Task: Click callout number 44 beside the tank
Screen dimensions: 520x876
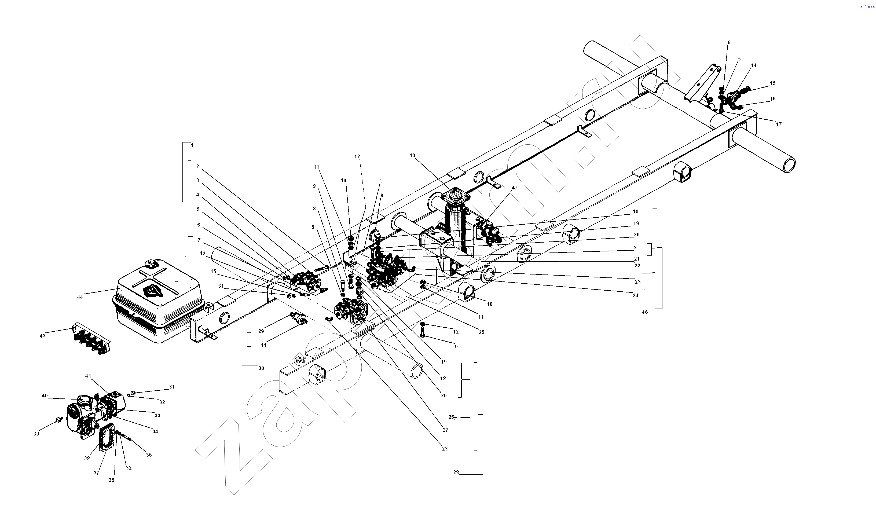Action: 80,297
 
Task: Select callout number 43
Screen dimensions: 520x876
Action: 42,336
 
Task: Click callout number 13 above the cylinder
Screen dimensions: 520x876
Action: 412,156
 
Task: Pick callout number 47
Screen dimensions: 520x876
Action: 514,188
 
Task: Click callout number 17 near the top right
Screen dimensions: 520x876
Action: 779,124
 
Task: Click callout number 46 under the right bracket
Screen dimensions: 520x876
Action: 645,312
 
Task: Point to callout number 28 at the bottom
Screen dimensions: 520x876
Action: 456,472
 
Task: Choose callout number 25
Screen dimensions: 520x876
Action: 481,332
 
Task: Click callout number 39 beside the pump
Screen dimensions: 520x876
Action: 36,433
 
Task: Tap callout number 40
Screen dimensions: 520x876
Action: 45,396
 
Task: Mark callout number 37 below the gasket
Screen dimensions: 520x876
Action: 96,473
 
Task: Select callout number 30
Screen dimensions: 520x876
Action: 261,368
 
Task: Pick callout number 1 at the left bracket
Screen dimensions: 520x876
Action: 192,145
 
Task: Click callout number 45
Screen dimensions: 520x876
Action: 213,271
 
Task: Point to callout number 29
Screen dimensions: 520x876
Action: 261,331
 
